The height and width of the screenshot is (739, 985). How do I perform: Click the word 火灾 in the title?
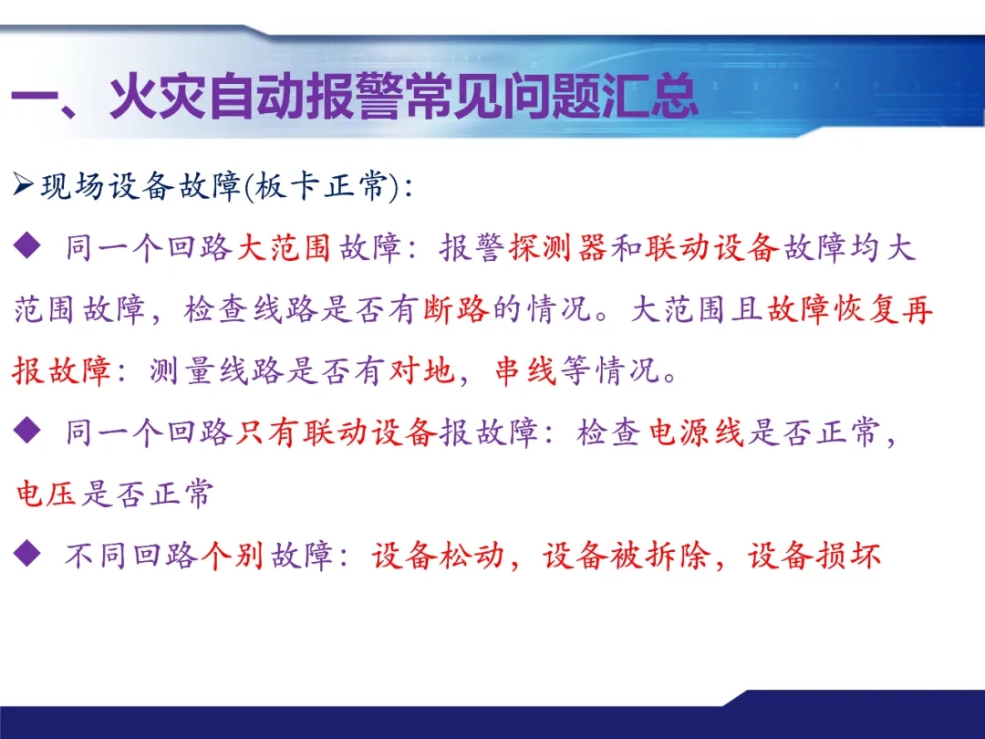tap(158, 98)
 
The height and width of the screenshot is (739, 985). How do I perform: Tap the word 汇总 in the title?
tap(649, 98)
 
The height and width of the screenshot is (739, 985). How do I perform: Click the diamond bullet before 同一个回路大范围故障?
tap(27, 245)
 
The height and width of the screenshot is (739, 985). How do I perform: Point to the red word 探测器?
tap(558, 247)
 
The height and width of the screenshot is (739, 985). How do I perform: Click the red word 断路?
tap(457, 309)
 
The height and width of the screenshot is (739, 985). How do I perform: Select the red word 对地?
tap(421, 370)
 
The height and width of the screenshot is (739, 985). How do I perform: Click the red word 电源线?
tap(696, 433)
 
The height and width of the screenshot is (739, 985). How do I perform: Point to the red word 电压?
tap(46, 494)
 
